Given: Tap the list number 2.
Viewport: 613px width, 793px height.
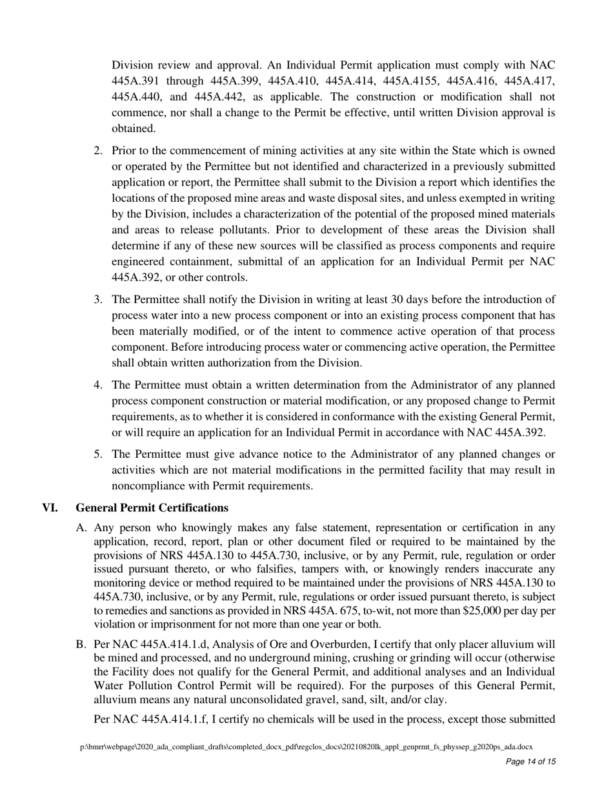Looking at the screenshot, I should (x=98, y=150).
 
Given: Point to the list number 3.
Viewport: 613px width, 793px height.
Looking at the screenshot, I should (x=98, y=299).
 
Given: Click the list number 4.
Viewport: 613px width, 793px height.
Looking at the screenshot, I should (x=98, y=385).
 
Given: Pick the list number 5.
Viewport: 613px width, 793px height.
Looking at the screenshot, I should (x=98, y=454).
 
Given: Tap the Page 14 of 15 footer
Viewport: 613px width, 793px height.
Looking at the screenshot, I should (x=530, y=761).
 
